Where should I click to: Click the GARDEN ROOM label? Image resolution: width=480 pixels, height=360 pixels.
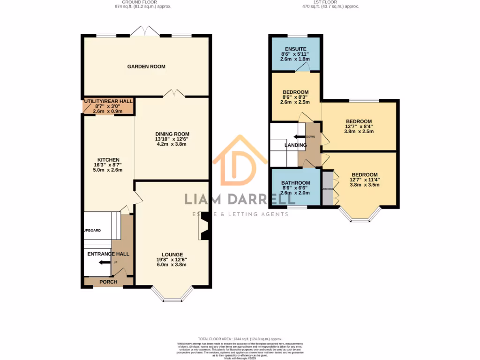146,67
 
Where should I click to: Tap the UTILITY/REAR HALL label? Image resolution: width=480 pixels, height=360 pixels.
108,101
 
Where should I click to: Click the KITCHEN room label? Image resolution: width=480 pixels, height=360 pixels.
108,160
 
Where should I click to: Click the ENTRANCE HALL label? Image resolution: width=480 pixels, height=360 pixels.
108,254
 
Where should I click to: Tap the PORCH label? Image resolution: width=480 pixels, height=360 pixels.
108,282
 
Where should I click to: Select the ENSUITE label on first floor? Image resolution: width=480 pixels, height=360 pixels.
295,49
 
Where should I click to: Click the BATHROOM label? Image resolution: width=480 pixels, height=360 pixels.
295,183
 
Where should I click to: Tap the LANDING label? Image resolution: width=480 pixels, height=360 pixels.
295,145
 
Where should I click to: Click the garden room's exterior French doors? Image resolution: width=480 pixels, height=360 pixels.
145,32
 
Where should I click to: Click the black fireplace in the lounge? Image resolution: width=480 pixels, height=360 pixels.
204,230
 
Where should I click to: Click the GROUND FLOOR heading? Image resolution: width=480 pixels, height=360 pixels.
143,2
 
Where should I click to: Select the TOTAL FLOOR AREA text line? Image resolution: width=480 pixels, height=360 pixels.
240,338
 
